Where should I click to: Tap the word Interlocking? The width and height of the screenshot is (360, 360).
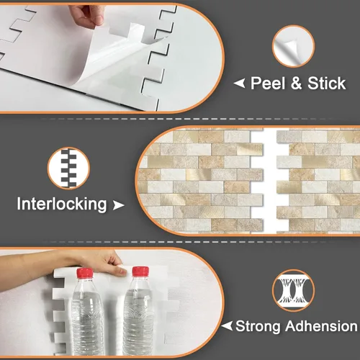[62, 204]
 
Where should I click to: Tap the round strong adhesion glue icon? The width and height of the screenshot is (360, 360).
[294, 290]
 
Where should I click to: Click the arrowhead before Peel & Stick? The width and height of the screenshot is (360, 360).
[240, 84]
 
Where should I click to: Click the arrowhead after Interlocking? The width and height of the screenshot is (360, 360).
[118, 205]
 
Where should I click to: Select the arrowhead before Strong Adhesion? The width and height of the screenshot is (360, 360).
[228, 327]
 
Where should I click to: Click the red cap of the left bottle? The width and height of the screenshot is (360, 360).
[86, 274]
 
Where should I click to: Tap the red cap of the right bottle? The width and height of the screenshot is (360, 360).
[140, 272]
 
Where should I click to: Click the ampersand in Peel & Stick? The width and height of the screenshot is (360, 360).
[296, 84]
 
